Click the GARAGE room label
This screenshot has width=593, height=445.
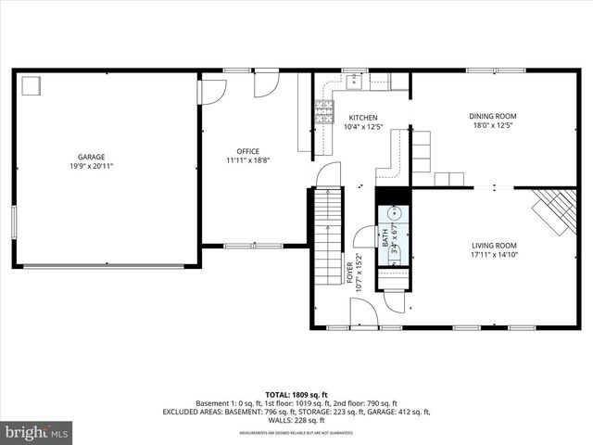pyautogui.click(x=91, y=157)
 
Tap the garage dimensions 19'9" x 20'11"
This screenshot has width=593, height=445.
pyautogui.click(x=91, y=166)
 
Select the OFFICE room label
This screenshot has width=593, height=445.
pyautogui.click(x=248, y=151)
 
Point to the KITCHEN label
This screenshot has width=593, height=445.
pyautogui.click(x=363, y=117)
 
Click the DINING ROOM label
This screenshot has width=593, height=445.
pyautogui.click(x=493, y=116)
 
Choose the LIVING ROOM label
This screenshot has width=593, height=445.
pyautogui.click(x=493, y=245)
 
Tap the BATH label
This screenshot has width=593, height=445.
pyautogui.click(x=385, y=237)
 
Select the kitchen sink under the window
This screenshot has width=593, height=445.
pyautogui.click(x=356, y=82)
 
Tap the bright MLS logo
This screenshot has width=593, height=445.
pyautogui.click(x=37, y=432)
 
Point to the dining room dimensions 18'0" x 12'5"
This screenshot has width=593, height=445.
pyautogui.click(x=493, y=125)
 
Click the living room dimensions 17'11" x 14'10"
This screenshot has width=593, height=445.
pyautogui.click(x=493, y=254)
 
